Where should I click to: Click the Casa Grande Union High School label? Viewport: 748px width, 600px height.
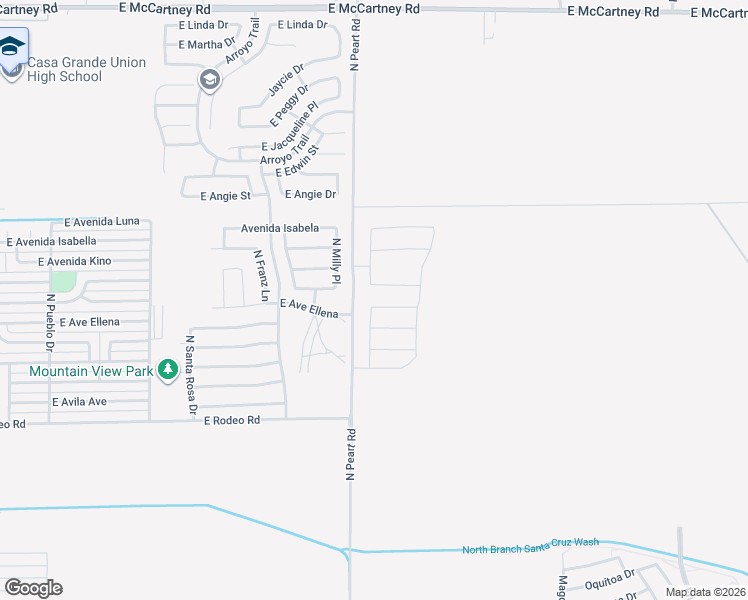[x=86, y=69]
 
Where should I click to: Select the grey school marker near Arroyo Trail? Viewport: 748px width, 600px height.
[x=209, y=80]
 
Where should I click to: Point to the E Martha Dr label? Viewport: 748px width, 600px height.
[x=207, y=45]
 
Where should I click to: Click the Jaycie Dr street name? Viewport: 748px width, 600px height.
[x=284, y=82]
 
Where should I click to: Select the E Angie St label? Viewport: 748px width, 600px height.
[x=225, y=196]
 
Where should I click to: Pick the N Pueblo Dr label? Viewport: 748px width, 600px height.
[x=49, y=322]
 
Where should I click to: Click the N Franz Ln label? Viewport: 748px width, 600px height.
[x=260, y=275]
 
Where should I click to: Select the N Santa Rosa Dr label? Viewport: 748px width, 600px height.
[x=190, y=375]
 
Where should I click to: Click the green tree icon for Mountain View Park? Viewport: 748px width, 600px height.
[x=168, y=371]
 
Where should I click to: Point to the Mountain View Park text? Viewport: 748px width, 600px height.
[x=91, y=371]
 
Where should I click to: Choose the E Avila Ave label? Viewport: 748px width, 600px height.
[x=79, y=402]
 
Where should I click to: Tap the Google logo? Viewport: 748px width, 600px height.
[x=33, y=587]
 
